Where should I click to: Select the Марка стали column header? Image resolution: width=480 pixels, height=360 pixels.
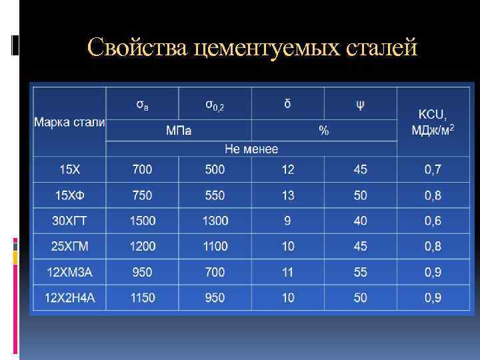69,123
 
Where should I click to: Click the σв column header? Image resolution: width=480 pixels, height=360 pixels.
142,105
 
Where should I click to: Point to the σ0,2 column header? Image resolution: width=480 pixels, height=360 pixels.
215,105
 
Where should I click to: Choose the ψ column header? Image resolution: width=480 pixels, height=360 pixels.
360,105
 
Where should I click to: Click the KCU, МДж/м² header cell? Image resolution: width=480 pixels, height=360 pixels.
433,121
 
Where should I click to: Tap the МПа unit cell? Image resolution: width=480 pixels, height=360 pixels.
178,131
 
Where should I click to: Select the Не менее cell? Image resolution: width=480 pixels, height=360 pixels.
251,149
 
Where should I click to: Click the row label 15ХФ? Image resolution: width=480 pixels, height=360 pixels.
69,195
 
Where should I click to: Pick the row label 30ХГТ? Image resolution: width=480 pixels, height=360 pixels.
69,221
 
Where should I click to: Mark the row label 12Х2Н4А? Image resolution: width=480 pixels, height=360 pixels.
69,297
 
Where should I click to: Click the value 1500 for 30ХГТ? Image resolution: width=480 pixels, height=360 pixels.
142,221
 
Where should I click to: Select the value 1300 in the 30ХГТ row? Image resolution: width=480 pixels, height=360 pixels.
215,221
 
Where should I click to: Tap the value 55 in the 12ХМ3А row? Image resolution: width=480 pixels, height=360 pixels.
360,272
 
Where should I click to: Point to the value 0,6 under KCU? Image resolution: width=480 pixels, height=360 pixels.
433,221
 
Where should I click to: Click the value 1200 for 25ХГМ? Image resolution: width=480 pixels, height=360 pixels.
142,247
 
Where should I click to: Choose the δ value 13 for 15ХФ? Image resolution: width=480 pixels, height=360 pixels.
287,195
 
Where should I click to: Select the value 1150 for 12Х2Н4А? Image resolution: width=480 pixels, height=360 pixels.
142,297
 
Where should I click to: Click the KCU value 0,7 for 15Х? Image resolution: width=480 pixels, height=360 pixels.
433,169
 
